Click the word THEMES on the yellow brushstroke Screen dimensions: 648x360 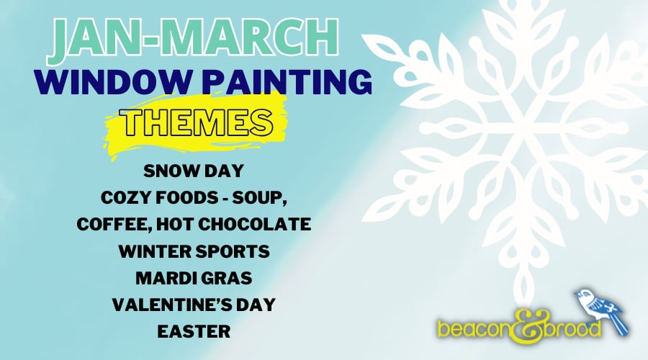[x=197, y=122]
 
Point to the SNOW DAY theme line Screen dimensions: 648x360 [x=194, y=171]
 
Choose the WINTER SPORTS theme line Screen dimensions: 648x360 [x=194, y=251]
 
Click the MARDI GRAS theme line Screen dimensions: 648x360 [x=194, y=278]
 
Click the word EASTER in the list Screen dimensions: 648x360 [x=194, y=331]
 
